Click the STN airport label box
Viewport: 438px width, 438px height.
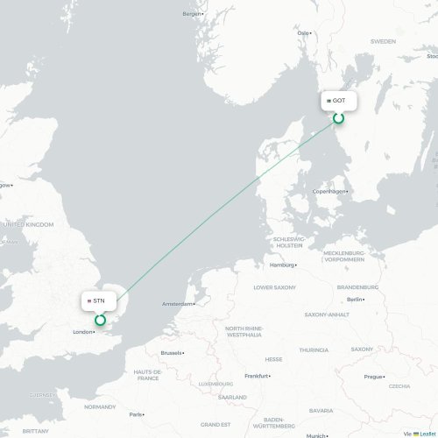pos(99,300)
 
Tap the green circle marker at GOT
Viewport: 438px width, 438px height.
pos(338,117)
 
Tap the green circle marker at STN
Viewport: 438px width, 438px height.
pos(100,320)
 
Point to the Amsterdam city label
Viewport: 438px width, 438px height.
pos(177,304)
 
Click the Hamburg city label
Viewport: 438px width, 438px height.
pos(281,265)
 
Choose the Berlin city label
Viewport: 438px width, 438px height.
pos(354,300)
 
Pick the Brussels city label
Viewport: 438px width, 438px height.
pos(171,353)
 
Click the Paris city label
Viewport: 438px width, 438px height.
pos(136,414)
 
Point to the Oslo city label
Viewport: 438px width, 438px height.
pos(304,33)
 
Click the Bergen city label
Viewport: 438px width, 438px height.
pos(192,13)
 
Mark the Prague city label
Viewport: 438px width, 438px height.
pos(372,377)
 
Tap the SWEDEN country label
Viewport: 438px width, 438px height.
pos(383,41)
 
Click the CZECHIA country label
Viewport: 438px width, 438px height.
pos(399,385)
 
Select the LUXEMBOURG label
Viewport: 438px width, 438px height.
pos(210,384)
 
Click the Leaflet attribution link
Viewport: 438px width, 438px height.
pos(426,433)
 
